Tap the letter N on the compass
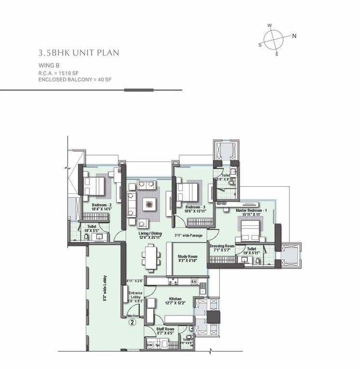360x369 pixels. coord(294,36)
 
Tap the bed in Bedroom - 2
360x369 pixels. coord(94,185)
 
